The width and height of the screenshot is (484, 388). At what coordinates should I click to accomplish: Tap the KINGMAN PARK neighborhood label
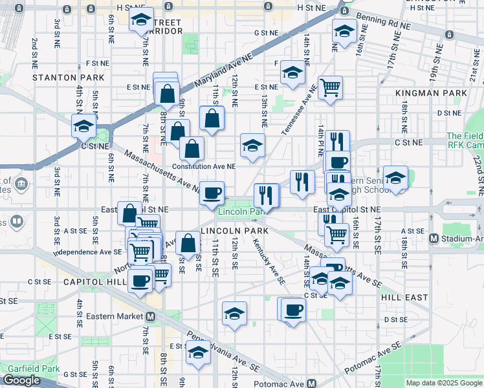[x=431, y=93]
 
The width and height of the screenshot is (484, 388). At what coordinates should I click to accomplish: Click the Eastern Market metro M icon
[x=150, y=317]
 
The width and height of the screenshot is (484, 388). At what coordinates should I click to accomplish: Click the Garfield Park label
[x=30, y=369]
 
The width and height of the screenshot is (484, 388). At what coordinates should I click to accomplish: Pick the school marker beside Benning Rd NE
[x=344, y=31]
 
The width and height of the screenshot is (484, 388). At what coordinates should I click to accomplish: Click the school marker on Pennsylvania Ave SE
[x=198, y=354]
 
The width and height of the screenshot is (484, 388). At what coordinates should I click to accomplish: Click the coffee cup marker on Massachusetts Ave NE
[x=211, y=193]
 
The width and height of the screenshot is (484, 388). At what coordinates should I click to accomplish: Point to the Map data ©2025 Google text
[x=443, y=383]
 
